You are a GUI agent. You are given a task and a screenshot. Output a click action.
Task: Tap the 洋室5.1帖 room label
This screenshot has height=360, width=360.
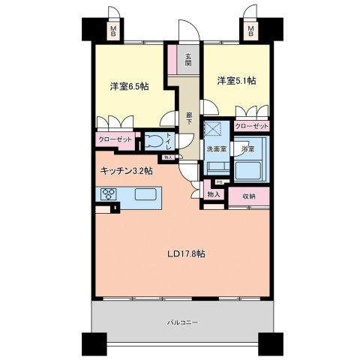[236, 80]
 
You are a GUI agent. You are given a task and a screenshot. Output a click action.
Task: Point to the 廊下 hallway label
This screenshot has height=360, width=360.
[188, 118]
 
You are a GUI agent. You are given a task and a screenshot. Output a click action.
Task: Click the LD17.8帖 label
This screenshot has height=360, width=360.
[186, 253]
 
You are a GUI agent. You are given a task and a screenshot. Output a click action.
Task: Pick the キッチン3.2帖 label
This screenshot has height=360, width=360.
[127, 171]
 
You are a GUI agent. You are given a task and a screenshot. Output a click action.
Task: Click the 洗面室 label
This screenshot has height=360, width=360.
[217, 148]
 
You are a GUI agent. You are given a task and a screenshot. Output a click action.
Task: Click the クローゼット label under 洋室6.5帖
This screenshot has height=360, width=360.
[114, 139]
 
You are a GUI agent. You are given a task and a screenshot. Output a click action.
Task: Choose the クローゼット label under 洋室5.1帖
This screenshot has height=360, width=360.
[250, 127]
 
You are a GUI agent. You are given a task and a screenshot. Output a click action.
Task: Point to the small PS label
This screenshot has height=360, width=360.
[218, 181]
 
